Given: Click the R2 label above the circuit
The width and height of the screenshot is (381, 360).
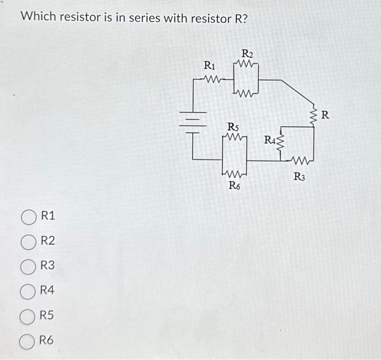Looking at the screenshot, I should pos(247,54).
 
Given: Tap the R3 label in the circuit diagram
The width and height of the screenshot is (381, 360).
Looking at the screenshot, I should pos(300,176).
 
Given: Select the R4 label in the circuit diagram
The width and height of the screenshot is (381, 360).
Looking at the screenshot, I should pos(271,141).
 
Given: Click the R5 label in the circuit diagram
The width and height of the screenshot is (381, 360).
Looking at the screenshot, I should pos(233,127).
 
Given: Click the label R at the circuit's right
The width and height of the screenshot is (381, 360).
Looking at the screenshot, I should pos(325,115).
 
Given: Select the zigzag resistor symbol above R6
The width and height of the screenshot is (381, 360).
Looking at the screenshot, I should pos(234,175).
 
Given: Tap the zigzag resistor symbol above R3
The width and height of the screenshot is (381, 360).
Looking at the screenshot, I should pos(300,160).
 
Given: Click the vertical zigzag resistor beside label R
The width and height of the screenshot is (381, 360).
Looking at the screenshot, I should pos(314,115).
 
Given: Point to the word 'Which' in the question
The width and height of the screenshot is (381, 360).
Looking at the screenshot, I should pos(38,17).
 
